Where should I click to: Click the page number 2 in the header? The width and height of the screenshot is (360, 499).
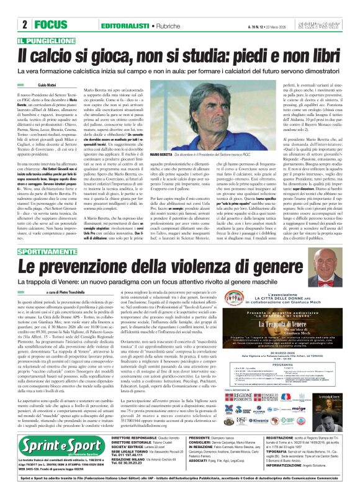tap(24, 25)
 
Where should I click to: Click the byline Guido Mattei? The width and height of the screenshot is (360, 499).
tap(47, 83)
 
